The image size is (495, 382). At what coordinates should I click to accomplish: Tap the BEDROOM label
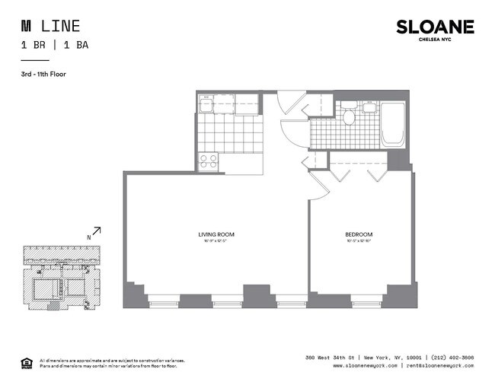(x=358, y=234)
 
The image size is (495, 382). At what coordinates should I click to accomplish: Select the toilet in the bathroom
(x=350, y=117)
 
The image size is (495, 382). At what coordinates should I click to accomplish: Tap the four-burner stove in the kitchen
(x=208, y=161)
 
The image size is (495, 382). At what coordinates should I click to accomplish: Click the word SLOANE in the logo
(x=435, y=27)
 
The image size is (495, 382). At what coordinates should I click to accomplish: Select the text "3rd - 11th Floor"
(x=45, y=75)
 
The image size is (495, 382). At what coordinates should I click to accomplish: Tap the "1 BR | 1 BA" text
(x=55, y=45)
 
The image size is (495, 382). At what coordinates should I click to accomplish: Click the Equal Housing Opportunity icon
(x=26, y=361)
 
